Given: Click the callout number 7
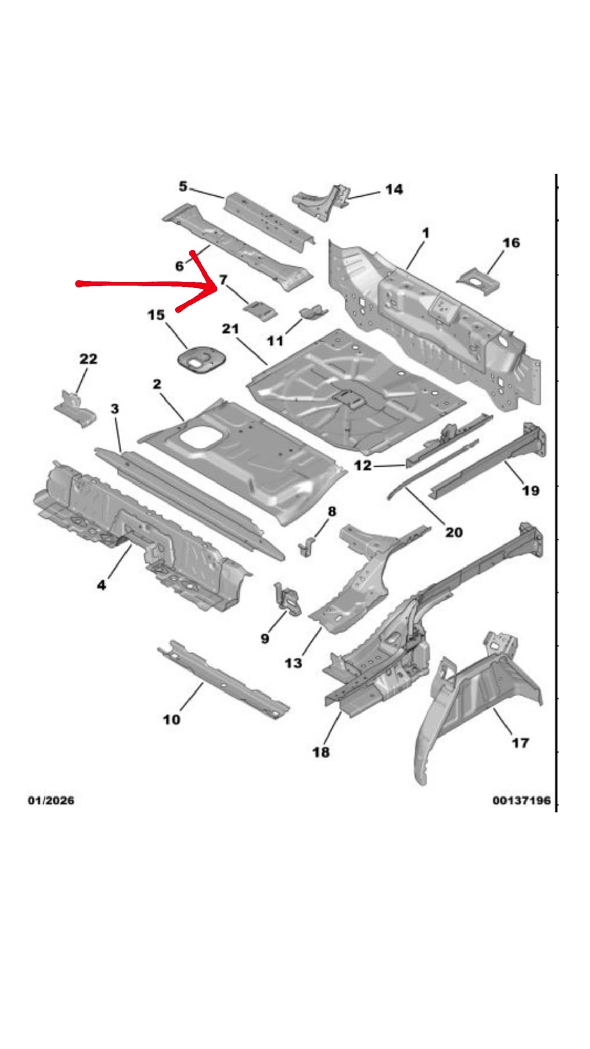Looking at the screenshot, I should click(223, 280).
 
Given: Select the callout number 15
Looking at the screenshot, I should click(156, 314).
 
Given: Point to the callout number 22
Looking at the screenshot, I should click(88, 359).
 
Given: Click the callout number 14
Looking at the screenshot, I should click(393, 190).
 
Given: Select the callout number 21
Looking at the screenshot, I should click(230, 328).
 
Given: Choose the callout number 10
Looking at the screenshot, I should click(172, 719).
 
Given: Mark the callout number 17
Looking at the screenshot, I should click(520, 742).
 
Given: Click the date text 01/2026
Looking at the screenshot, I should click(51, 800).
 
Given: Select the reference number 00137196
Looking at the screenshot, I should click(521, 800).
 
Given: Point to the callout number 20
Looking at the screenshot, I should click(453, 532).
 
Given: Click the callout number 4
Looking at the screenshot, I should click(101, 584).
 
